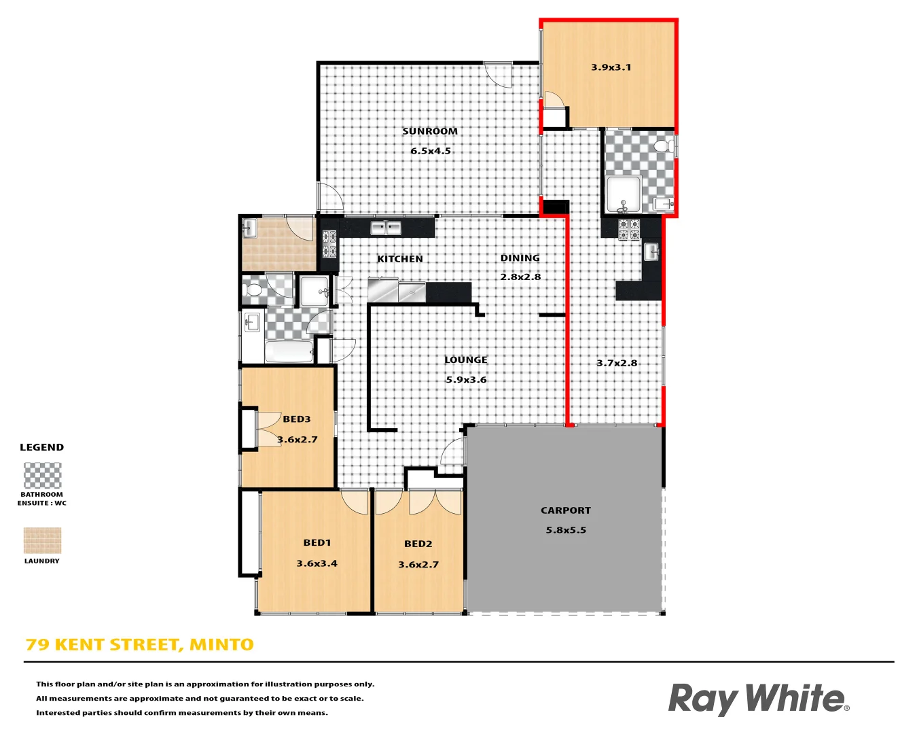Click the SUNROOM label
click(430, 131)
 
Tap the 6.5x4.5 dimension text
click(431, 151)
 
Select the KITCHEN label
click(400, 259)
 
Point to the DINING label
click(520, 258)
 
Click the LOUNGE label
click(466, 360)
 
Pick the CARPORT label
click(566, 510)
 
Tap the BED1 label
click(317, 543)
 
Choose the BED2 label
click(418, 544)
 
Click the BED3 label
click(297, 419)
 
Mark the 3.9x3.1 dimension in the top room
click(611, 67)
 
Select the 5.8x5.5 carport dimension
click(566, 530)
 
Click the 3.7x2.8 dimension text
click(617, 363)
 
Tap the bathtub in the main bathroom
click(289, 351)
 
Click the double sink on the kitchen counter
click(386, 228)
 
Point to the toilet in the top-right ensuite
click(663, 145)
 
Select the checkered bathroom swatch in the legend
click(42, 476)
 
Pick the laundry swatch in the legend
click(42, 541)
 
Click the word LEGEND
click(42, 447)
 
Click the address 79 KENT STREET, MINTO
click(140, 645)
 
